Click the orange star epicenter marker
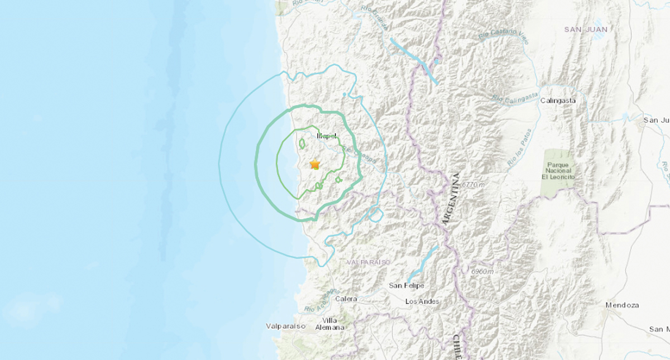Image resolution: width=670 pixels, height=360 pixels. tap(315, 164)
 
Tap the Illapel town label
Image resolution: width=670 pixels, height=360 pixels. tap(327, 136)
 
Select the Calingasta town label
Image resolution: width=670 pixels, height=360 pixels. tap(558, 101)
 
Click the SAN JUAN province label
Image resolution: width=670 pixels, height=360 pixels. tap(585, 29)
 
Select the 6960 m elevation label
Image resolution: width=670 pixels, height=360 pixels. tap(482, 272)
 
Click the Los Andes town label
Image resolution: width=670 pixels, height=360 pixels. tap(422, 301)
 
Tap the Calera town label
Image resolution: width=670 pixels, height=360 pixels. tap(346, 299)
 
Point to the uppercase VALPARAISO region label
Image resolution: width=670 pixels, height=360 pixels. tap(368, 262)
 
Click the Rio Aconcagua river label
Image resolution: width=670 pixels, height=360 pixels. tap(322, 300)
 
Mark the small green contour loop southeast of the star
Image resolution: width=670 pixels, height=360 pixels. tap(338, 180)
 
